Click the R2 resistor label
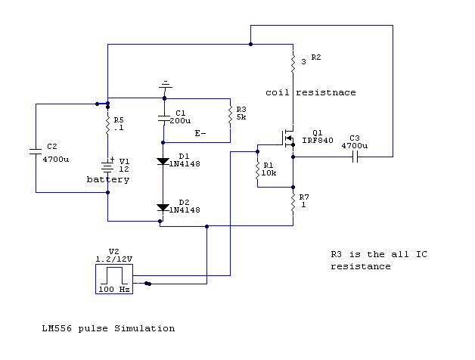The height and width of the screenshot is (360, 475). tap(316, 57)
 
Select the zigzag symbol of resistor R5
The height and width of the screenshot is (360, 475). tap(107, 124)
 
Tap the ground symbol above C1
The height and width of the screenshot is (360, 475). tap(165, 85)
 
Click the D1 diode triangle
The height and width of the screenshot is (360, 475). tap(163, 162)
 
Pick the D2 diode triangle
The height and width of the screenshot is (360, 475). tap(163, 207)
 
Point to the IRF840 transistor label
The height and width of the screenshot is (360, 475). tap(318, 141)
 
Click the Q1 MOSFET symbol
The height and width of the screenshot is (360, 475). tap(288, 138)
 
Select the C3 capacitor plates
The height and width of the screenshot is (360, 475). tap(355, 157)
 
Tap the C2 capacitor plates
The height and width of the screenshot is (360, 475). tap(36, 151)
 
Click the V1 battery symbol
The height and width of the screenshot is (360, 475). tap(107, 166)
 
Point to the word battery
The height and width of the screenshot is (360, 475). tap(108, 180)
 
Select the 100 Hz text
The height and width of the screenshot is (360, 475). tap(114, 290)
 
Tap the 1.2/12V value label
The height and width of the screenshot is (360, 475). tap(114, 259)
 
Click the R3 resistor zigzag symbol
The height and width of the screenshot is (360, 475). tap(230, 116)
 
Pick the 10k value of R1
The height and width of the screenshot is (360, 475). tap(269, 173)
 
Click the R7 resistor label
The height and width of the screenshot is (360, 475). tap(304, 197)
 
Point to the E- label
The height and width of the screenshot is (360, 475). tap(200, 133)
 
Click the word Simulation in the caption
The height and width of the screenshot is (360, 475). tap(144, 328)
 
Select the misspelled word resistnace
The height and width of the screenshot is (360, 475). tap(326, 92)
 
